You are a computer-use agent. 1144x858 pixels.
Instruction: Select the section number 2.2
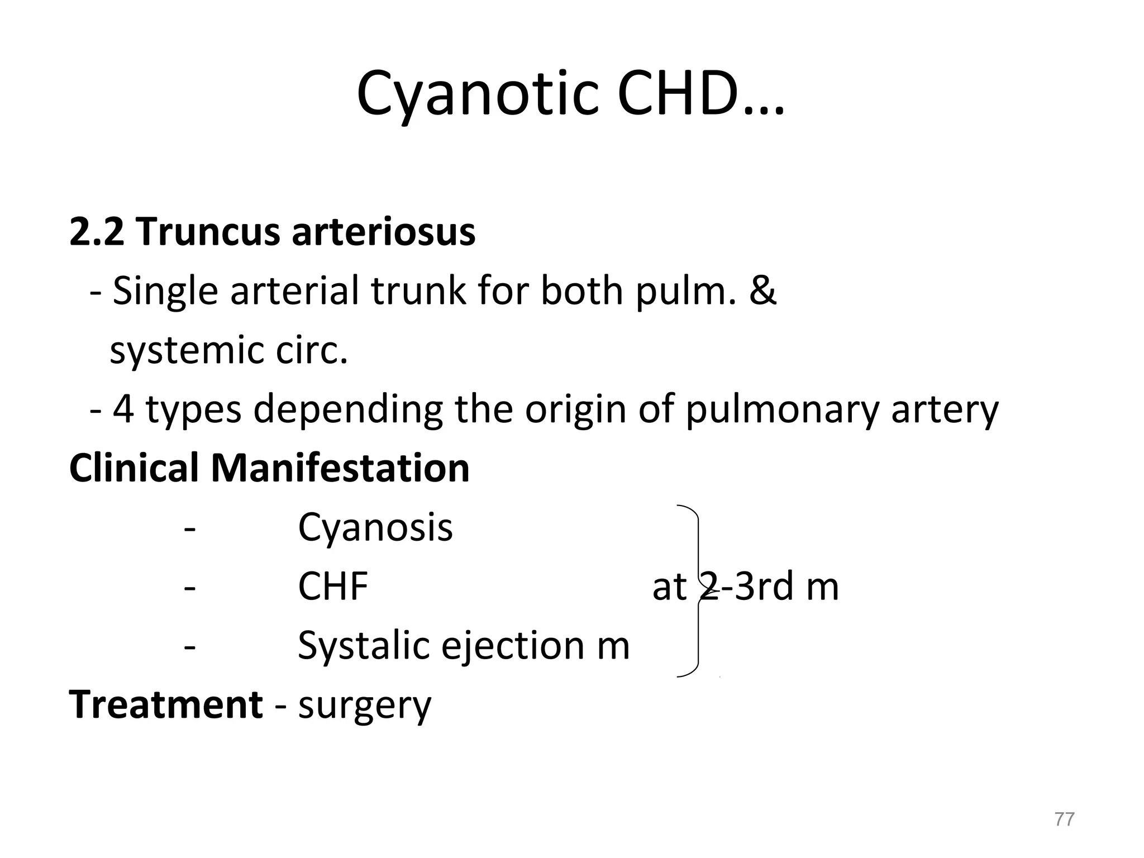tap(96, 231)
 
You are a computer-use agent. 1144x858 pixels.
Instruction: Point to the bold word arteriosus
tap(384, 231)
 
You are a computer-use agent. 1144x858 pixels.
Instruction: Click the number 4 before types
tap(123, 409)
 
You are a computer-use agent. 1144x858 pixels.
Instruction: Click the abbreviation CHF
tap(333, 586)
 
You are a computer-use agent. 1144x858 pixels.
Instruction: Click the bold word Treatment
tap(166, 704)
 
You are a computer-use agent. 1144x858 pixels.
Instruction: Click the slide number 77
tap(1064, 819)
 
